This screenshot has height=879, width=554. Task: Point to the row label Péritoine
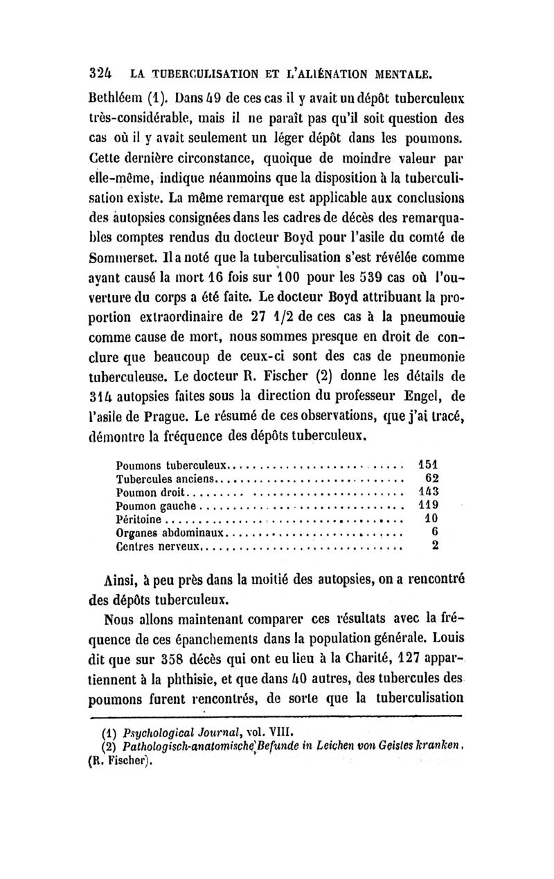point(138,519)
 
